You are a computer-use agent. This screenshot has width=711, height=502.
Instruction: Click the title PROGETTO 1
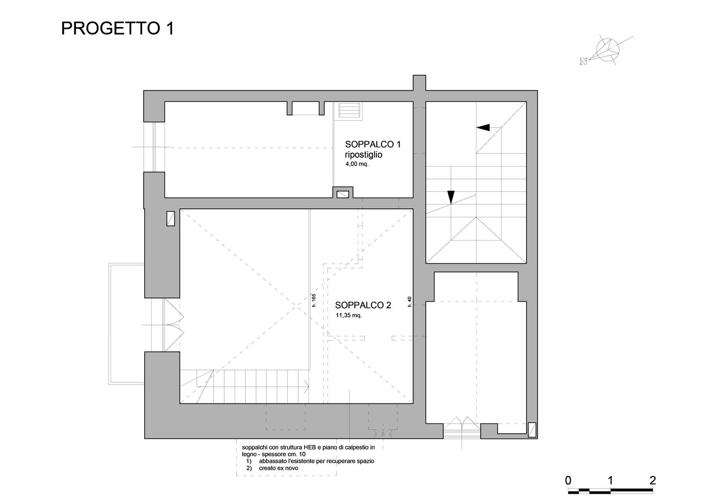click(x=118, y=28)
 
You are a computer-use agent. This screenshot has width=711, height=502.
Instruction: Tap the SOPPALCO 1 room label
click(x=373, y=144)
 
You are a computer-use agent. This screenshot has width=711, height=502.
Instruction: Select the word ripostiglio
click(x=364, y=155)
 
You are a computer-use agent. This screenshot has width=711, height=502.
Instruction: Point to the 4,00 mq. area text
click(x=357, y=164)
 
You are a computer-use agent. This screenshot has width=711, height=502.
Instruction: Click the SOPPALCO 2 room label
click(x=363, y=305)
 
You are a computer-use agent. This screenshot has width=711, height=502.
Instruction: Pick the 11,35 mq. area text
click(x=348, y=315)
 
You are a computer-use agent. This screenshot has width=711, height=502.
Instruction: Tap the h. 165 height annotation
click(x=314, y=300)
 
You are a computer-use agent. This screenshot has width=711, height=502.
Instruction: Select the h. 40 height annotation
click(x=410, y=302)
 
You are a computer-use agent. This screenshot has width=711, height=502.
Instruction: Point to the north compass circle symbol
click(x=608, y=50)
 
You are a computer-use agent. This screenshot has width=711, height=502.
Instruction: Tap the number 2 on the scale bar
click(x=653, y=480)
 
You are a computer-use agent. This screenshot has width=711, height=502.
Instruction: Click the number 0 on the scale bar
click(x=568, y=480)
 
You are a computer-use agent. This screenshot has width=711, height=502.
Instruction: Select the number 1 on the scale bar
click(x=610, y=480)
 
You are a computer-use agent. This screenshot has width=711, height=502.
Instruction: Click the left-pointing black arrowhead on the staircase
click(x=483, y=127)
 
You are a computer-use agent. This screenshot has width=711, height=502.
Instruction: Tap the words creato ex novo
click(x=278, y=468)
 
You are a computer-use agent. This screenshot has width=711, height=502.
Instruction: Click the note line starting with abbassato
click(x=317, y=461)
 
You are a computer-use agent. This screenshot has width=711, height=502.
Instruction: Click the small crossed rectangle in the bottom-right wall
click(x=532, y=430)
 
